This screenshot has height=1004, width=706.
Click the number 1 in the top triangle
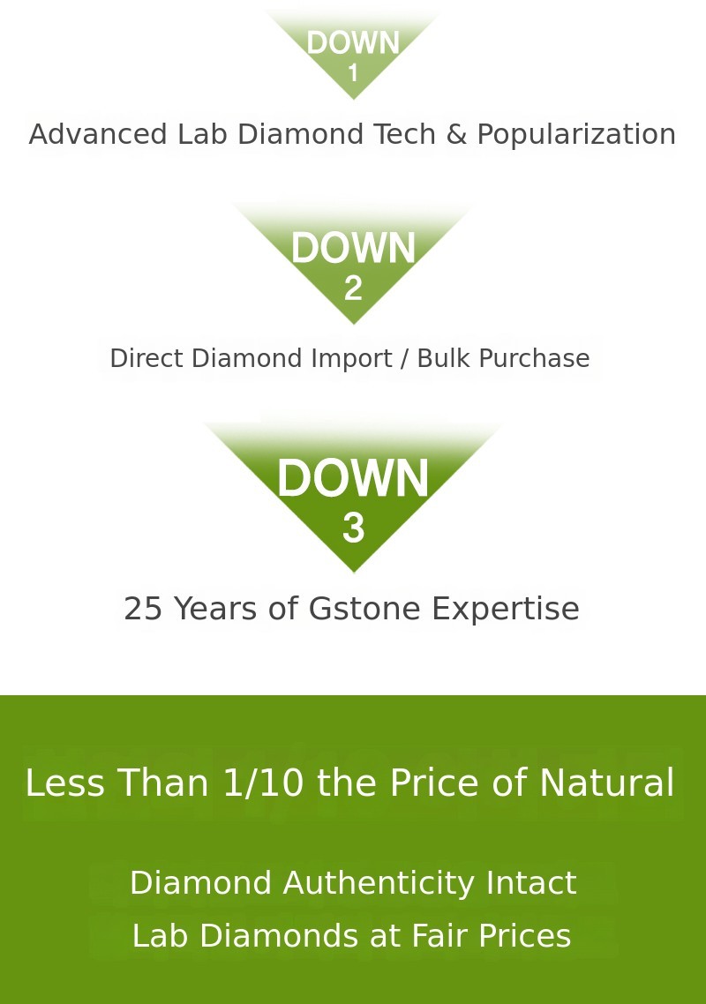pyautogui.click(x=353, y=72)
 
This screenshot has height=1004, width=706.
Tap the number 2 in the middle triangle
pyautogui.click(x=353, y=288)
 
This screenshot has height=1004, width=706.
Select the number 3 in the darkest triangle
pyautogui.click(x=353, y=528)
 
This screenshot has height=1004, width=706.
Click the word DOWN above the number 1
pyautogui.click(x=353, y=43)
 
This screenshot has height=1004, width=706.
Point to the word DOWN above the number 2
pyautogui.click(x=353, y=248)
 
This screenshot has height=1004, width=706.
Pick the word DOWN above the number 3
pyautogui.click(x=353, y=477)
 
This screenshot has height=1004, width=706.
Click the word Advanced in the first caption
pyautogui.click(x=98, y=134)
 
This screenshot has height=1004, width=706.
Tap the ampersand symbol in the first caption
pyautogui.click(x=456, y=134)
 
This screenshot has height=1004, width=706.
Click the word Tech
pyautogui.click(x=404, y=134)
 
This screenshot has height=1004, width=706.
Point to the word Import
pyautogui.click(x=351, y=359)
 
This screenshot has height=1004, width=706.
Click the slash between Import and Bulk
pyautogui.click(x=404, y=359)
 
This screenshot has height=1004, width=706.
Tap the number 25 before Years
pyautogui.click(x=144, y=608)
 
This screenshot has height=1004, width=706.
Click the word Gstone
pyautogui.click(x=364, y=608)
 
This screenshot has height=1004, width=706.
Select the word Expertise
pyautogui.click(x=506, y=610)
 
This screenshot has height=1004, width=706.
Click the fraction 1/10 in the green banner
pyautogui.click(x=263, y=783)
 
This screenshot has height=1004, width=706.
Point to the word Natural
pyautogui.click(x=606, y=783)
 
